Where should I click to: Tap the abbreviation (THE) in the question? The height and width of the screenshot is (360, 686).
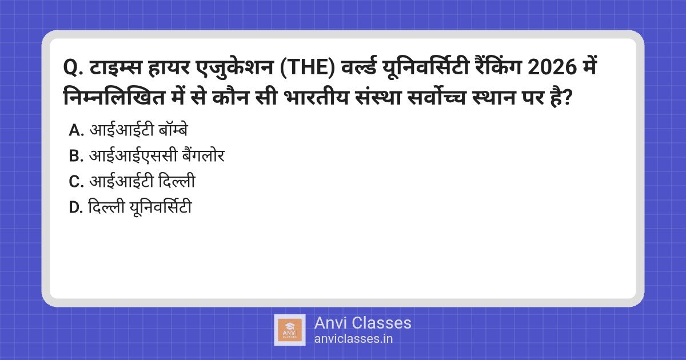click(x=308, y=68)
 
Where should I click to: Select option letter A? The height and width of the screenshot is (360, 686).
click(x=76, y=130)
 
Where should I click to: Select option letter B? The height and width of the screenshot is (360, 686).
click(x=76, y=156)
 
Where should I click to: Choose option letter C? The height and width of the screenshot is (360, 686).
click(x=76, y=182)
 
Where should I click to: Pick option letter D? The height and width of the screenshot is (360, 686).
click(x=75, y=207)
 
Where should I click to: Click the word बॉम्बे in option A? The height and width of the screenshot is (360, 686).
click(x=173, y=130)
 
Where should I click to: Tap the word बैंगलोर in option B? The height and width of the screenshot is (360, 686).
click(x=203, y=155)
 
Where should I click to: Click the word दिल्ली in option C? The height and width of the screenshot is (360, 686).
click(x=177, y=180)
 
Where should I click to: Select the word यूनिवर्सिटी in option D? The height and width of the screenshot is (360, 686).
click(x=161, y=206)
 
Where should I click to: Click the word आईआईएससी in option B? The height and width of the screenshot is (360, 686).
click(x=133, y=155)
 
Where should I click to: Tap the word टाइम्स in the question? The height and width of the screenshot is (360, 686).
click(x=115, y=67)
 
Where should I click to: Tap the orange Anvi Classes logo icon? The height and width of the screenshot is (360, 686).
click(x=290, y=330)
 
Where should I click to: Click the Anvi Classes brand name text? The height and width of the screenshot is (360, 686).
click(x=362, y=323)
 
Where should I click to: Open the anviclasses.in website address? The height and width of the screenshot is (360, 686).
click(x=353, y=339)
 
